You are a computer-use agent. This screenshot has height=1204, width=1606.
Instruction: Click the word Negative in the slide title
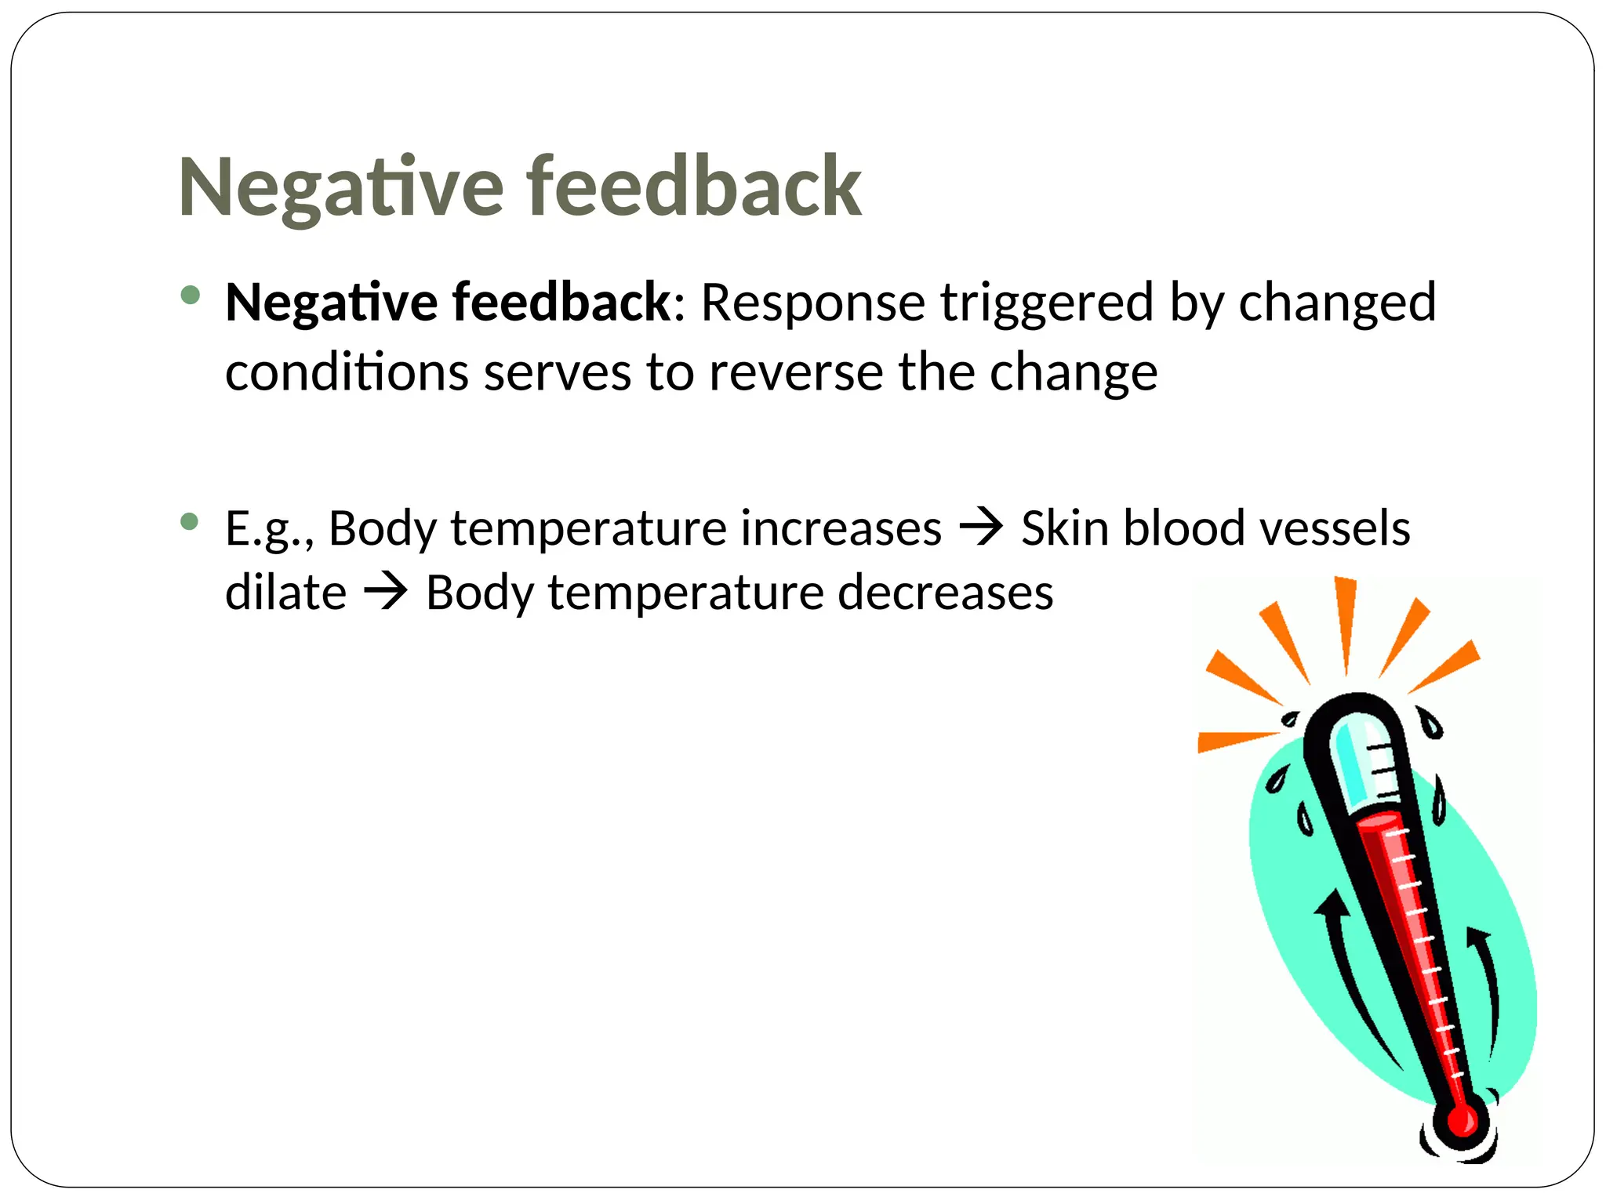(x=341, y=188)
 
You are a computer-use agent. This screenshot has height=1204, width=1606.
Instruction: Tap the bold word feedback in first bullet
(x=561, y=303)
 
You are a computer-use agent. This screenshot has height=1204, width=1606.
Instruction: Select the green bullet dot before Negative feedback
(x=190, y=296)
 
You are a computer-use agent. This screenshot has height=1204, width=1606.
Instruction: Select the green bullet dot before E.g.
(x=190, y=521)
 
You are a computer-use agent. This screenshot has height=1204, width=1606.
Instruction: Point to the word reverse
(x=796, y=372)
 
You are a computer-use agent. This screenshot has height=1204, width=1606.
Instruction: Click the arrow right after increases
(x=982, y=527)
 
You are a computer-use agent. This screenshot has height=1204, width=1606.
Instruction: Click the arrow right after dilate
(x=386, y=592)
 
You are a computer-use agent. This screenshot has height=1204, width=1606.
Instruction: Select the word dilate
(x=285, y=593)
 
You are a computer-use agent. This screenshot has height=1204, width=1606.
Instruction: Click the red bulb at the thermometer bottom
(x=1462, y=1121)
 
